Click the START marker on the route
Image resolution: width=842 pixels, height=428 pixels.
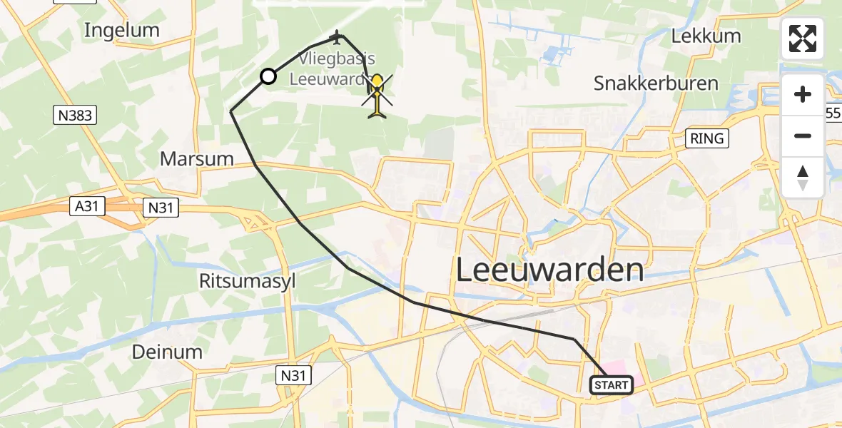point(612,385)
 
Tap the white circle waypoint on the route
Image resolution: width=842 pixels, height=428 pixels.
point(268,76)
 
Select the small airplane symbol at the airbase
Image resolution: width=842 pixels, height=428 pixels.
point(336,36)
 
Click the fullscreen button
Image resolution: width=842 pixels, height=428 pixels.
point(803,39)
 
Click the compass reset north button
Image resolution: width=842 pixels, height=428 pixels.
point(803,178)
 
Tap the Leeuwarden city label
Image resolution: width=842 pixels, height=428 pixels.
point(549,270)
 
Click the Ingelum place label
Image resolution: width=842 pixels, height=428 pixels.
point(121,30)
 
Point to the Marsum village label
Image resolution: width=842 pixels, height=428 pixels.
point(197,158)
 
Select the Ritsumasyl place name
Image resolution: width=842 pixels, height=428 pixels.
point(248,281)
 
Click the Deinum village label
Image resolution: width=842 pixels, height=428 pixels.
point(167,351)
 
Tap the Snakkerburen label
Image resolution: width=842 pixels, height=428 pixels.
point(656,83)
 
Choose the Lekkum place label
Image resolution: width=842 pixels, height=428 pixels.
point(706,36)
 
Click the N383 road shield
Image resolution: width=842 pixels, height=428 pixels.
point(75,115)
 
